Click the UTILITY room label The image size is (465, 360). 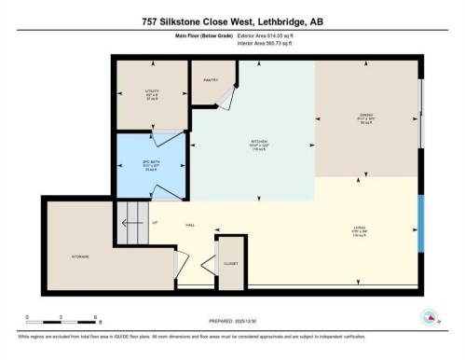tap(152, 91)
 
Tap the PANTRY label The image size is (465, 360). tap(211, 80)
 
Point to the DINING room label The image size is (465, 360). tap(366, 117)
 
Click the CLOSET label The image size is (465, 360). tap(230, 264)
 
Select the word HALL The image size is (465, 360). tap(190, 226)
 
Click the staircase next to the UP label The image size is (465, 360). tap(131, 224)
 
